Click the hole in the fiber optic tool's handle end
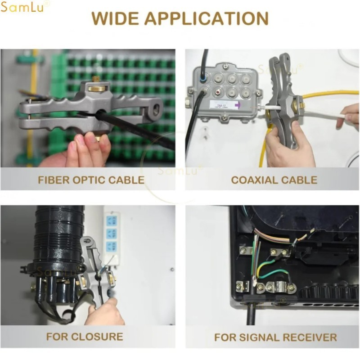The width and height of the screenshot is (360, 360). pyautogui.click(x=156, y=108)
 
